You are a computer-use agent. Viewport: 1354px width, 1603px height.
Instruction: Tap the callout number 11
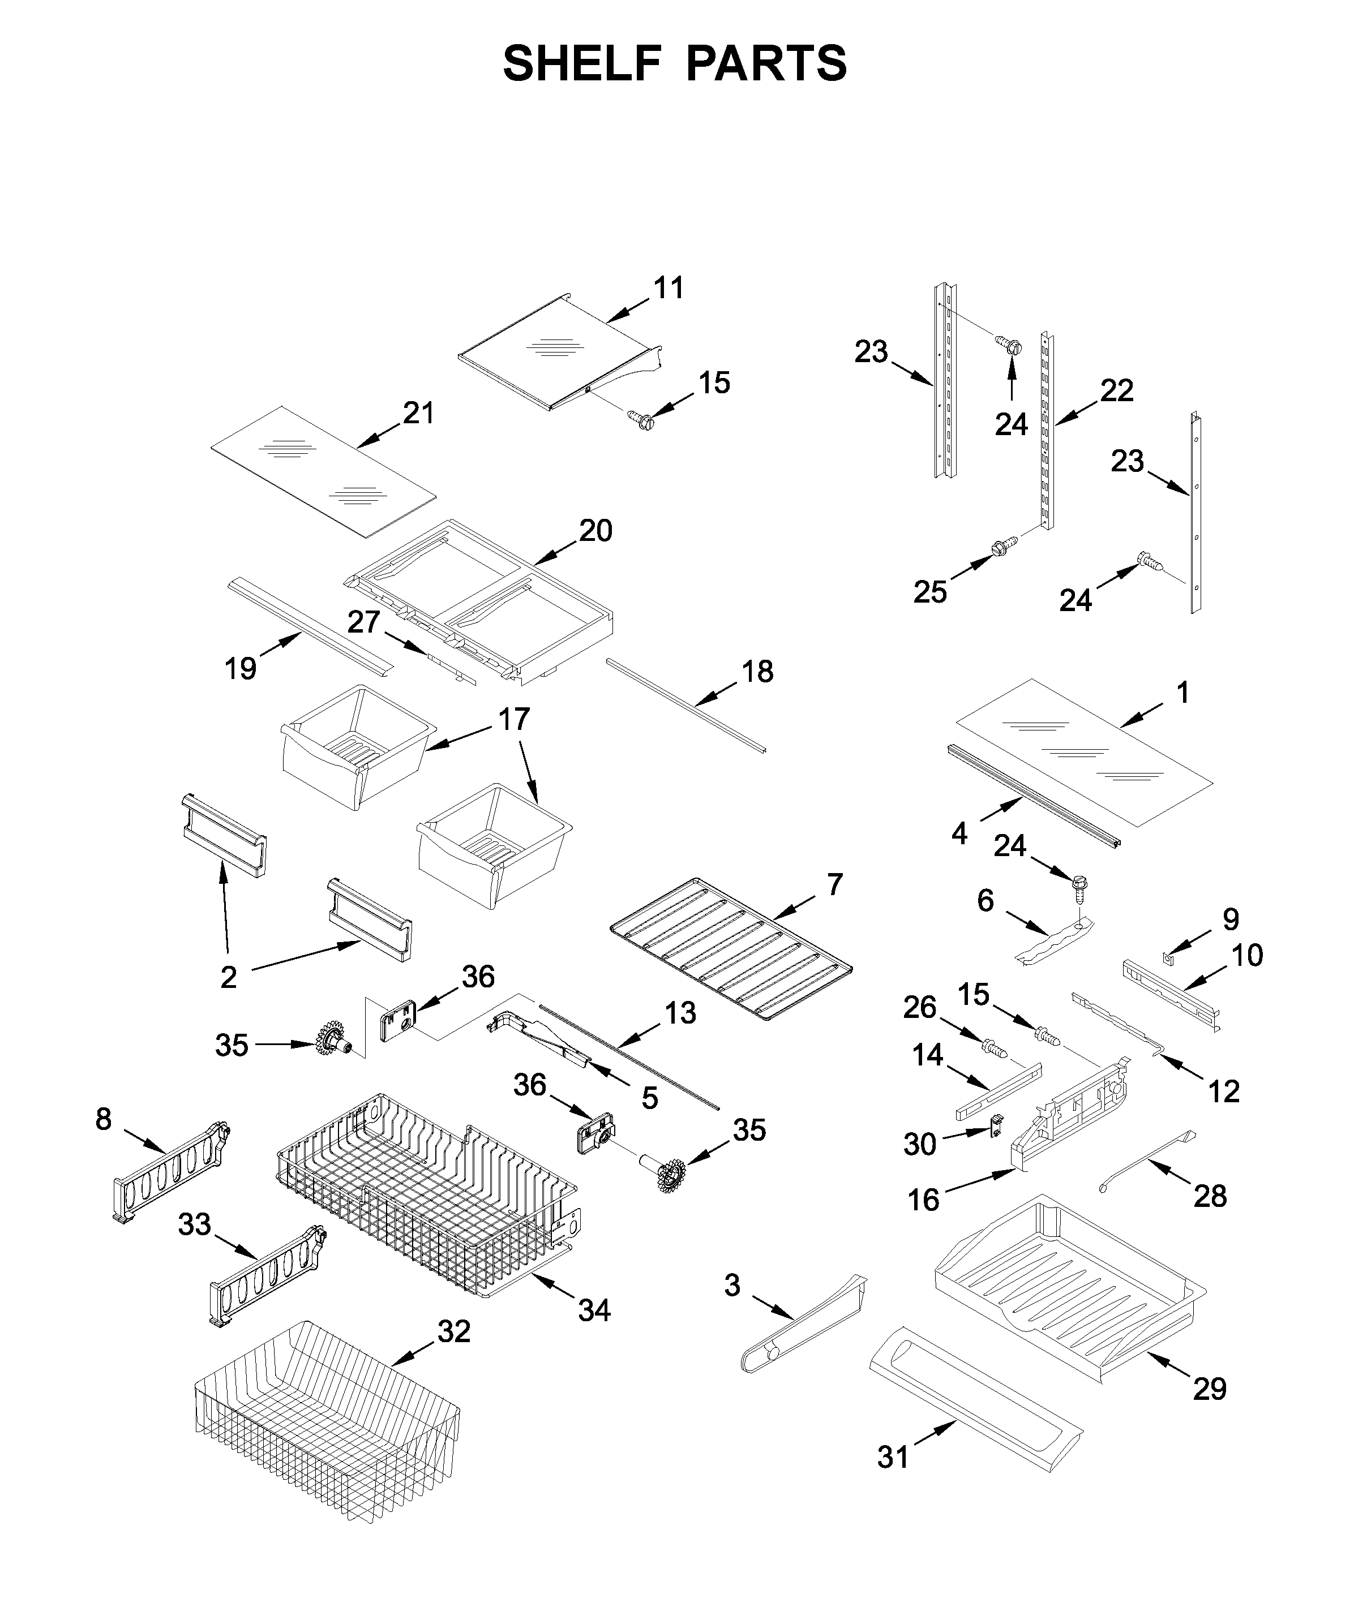click(x=668, y=289)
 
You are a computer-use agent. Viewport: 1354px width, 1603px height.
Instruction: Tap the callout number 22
click(x=1117, y=392)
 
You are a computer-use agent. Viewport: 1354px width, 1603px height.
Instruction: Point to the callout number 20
click(x=595, y=530)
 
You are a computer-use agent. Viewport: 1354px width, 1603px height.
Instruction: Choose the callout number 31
click(x=893, y=1456)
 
